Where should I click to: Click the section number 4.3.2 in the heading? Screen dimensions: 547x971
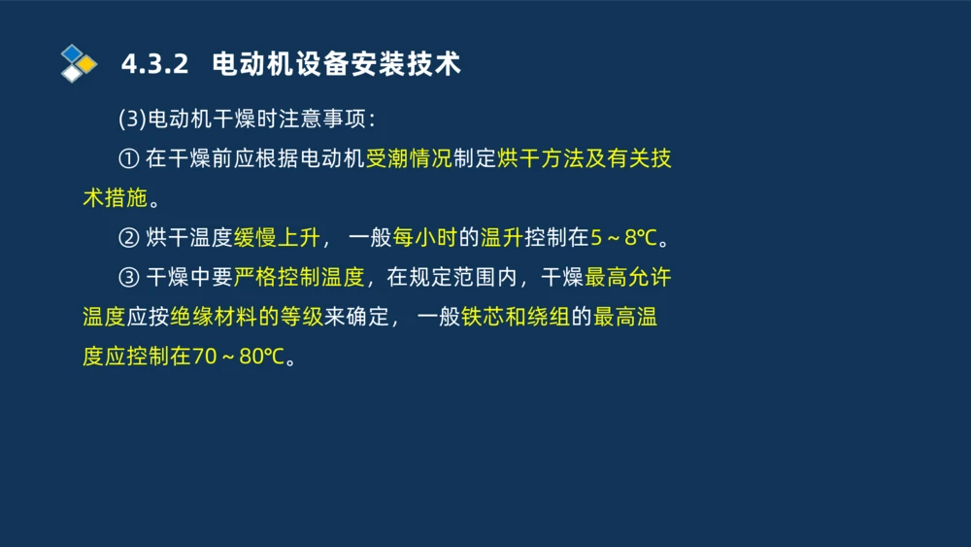click(x=153, y=65)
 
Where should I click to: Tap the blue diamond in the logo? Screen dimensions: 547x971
click(x=71, y=52)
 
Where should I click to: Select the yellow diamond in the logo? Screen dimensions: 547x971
click(x=87, y=64)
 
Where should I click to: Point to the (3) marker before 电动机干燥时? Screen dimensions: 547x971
click(x=131, y=120)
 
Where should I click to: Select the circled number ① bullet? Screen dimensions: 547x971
click(x=129, y=159)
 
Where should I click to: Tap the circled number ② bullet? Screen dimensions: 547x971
click(x=129, y=238)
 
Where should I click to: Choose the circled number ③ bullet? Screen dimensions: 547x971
click(x=129, y=278)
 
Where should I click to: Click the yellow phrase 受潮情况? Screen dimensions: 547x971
click(x=409, y=159)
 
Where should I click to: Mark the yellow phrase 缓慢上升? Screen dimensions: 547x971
click(x=277, y=238)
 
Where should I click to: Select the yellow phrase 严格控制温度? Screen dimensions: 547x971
click(x=299, y=278)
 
